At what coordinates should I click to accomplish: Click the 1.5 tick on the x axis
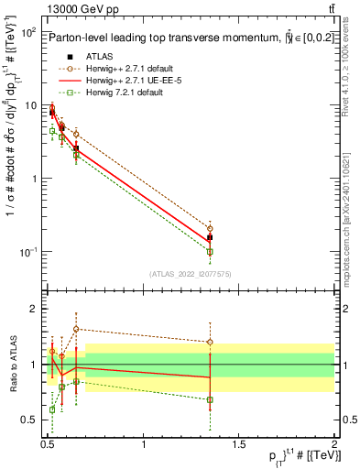coord(239,445)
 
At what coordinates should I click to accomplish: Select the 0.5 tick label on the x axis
coord(49,445)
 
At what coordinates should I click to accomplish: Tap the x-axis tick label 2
coord(334,445)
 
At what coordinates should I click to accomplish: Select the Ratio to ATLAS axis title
coord(10,365)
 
